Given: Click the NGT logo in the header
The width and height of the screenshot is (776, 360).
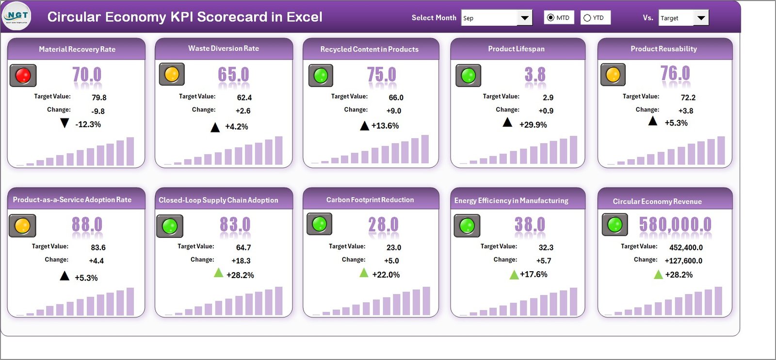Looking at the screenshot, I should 17,16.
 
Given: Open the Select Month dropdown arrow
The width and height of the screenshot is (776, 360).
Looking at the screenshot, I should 524,18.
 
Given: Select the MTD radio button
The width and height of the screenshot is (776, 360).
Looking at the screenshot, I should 550,18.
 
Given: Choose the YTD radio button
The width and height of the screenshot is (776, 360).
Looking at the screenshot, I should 587,18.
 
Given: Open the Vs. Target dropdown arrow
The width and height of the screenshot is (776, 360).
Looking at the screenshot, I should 701,18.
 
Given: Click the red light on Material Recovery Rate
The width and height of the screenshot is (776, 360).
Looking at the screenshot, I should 23,75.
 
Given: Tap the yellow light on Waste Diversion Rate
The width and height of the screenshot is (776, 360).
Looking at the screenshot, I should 172,74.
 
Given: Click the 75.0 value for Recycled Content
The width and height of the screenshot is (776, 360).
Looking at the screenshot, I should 381,75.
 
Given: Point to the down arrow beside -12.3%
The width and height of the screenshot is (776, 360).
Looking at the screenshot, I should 65,123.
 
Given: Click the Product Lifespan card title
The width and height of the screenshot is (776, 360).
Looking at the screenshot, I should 516,49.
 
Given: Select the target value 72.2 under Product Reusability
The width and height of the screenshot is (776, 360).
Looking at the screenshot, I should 688,98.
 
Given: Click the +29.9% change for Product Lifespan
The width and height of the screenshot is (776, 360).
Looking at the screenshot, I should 533,125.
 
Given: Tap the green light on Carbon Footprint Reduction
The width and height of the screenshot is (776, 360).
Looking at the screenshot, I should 319,224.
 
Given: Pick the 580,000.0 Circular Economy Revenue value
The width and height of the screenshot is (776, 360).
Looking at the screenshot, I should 675,225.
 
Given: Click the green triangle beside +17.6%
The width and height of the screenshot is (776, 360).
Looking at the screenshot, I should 514,275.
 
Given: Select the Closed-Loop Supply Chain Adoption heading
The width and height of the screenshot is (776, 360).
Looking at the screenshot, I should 218,200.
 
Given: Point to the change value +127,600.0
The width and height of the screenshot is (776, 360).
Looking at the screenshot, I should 683,261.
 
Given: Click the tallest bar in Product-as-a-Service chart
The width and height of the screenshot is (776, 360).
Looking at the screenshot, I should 130,301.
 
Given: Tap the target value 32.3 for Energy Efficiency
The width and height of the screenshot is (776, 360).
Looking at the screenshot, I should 546,247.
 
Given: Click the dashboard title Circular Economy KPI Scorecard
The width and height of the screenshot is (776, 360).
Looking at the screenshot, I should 184,17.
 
